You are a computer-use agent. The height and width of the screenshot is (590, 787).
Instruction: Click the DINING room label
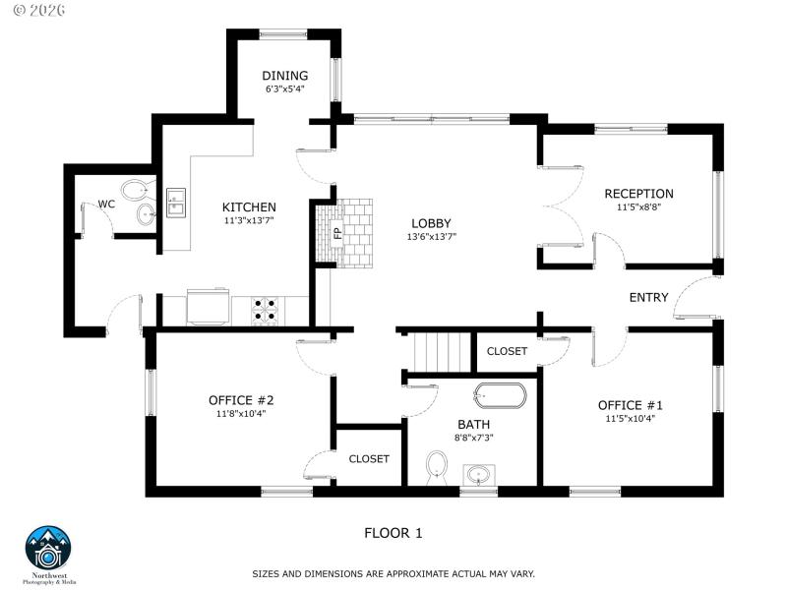click(x=285, y=76)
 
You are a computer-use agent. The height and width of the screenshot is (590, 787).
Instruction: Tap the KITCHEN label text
click(x=249, y=207)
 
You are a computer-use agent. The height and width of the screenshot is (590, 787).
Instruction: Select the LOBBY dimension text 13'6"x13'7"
click(x=432, y=237)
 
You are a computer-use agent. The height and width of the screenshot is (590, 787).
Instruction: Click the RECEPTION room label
click(x=638, y=194)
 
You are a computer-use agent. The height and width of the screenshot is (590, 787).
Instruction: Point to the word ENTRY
click(x=648, y=297)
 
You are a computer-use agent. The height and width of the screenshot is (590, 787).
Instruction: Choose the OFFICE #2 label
click(x=241, y=400)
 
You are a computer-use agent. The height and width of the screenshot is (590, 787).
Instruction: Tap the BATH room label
click(x=473, y=424)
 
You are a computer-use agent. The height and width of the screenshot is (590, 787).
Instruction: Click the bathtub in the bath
click(x=500, y=395)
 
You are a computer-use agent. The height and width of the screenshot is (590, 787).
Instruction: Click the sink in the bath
click(x=479, y=475)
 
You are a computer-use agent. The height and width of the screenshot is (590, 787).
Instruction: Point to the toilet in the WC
click(x=135, y=190)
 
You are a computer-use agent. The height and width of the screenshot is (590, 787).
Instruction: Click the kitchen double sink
click(x=176, y=202)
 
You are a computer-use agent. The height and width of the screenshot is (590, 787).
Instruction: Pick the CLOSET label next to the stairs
click(x=507, y=351)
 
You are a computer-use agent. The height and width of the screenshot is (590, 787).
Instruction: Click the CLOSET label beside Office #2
click(x=369, y=458)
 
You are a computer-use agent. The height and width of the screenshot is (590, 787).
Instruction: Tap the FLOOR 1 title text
click(x=393, y=533)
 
